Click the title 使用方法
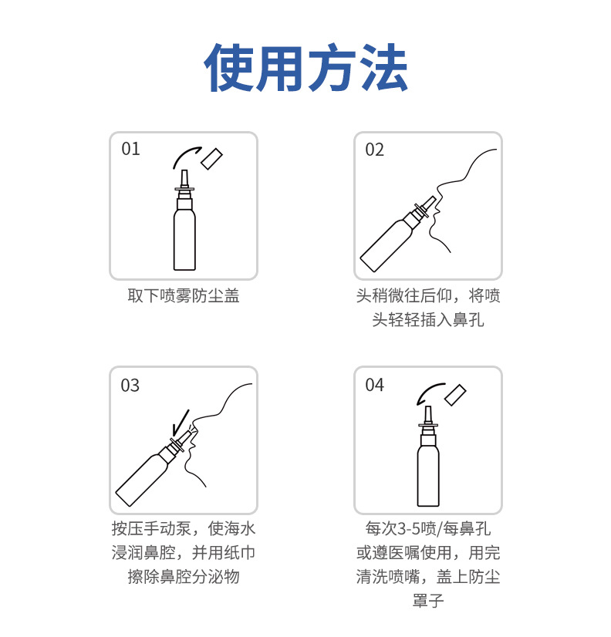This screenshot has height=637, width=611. [x=305, y=67]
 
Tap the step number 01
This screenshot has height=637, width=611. [x=130, y=149]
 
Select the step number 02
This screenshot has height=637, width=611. [x=374, y=150]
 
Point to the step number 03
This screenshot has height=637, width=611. [x=130, y=385]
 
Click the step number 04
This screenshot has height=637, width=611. [x=374, y=385]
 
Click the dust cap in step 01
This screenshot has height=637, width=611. [x=212, y=159]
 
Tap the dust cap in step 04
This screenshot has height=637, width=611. [x=455, y=395]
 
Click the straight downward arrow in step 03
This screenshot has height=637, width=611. [x=181, y=422]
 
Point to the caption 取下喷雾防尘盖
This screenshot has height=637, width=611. [x=184, y=296]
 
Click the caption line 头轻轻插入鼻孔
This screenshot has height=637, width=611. [x=427, y=320]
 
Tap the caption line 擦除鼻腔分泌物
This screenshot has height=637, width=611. [x=184, y=577]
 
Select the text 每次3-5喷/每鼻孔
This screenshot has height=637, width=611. [x=427, y=528]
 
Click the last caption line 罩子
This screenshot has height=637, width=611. [x=427, y=601]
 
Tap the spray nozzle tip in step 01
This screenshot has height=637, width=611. [x=184, y=170]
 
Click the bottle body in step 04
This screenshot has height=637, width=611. [x=428, y=475]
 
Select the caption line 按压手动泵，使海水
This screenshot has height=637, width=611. [x=184, y=528]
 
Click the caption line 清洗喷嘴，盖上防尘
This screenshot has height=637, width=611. [x=427, y=577]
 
